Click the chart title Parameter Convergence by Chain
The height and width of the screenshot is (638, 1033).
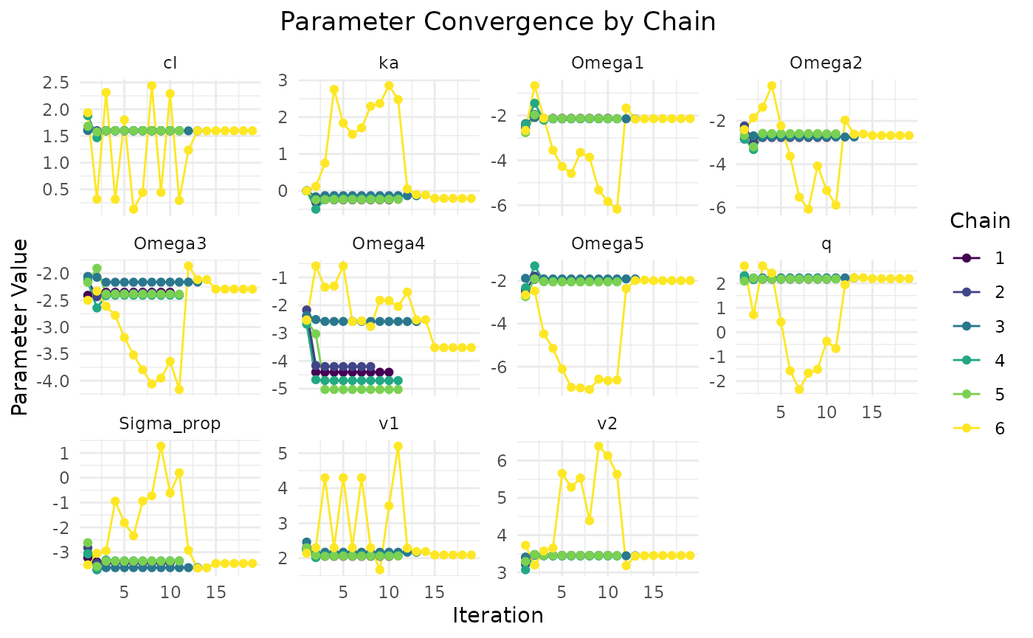pyautogui.click(x=498, y=21)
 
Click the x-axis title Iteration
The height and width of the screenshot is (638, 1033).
pyautogui.click(x=498, y=615)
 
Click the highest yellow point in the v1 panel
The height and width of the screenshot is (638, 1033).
pyautogui.click(x=398, y=446)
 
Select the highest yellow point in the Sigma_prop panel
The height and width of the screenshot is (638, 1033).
pyautogui.click(x=161, y=446)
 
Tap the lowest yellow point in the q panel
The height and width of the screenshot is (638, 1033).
pyautogui.click(x=799, y=389)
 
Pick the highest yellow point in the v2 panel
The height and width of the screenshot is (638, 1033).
pyautogui.click(x=598, y=446)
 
